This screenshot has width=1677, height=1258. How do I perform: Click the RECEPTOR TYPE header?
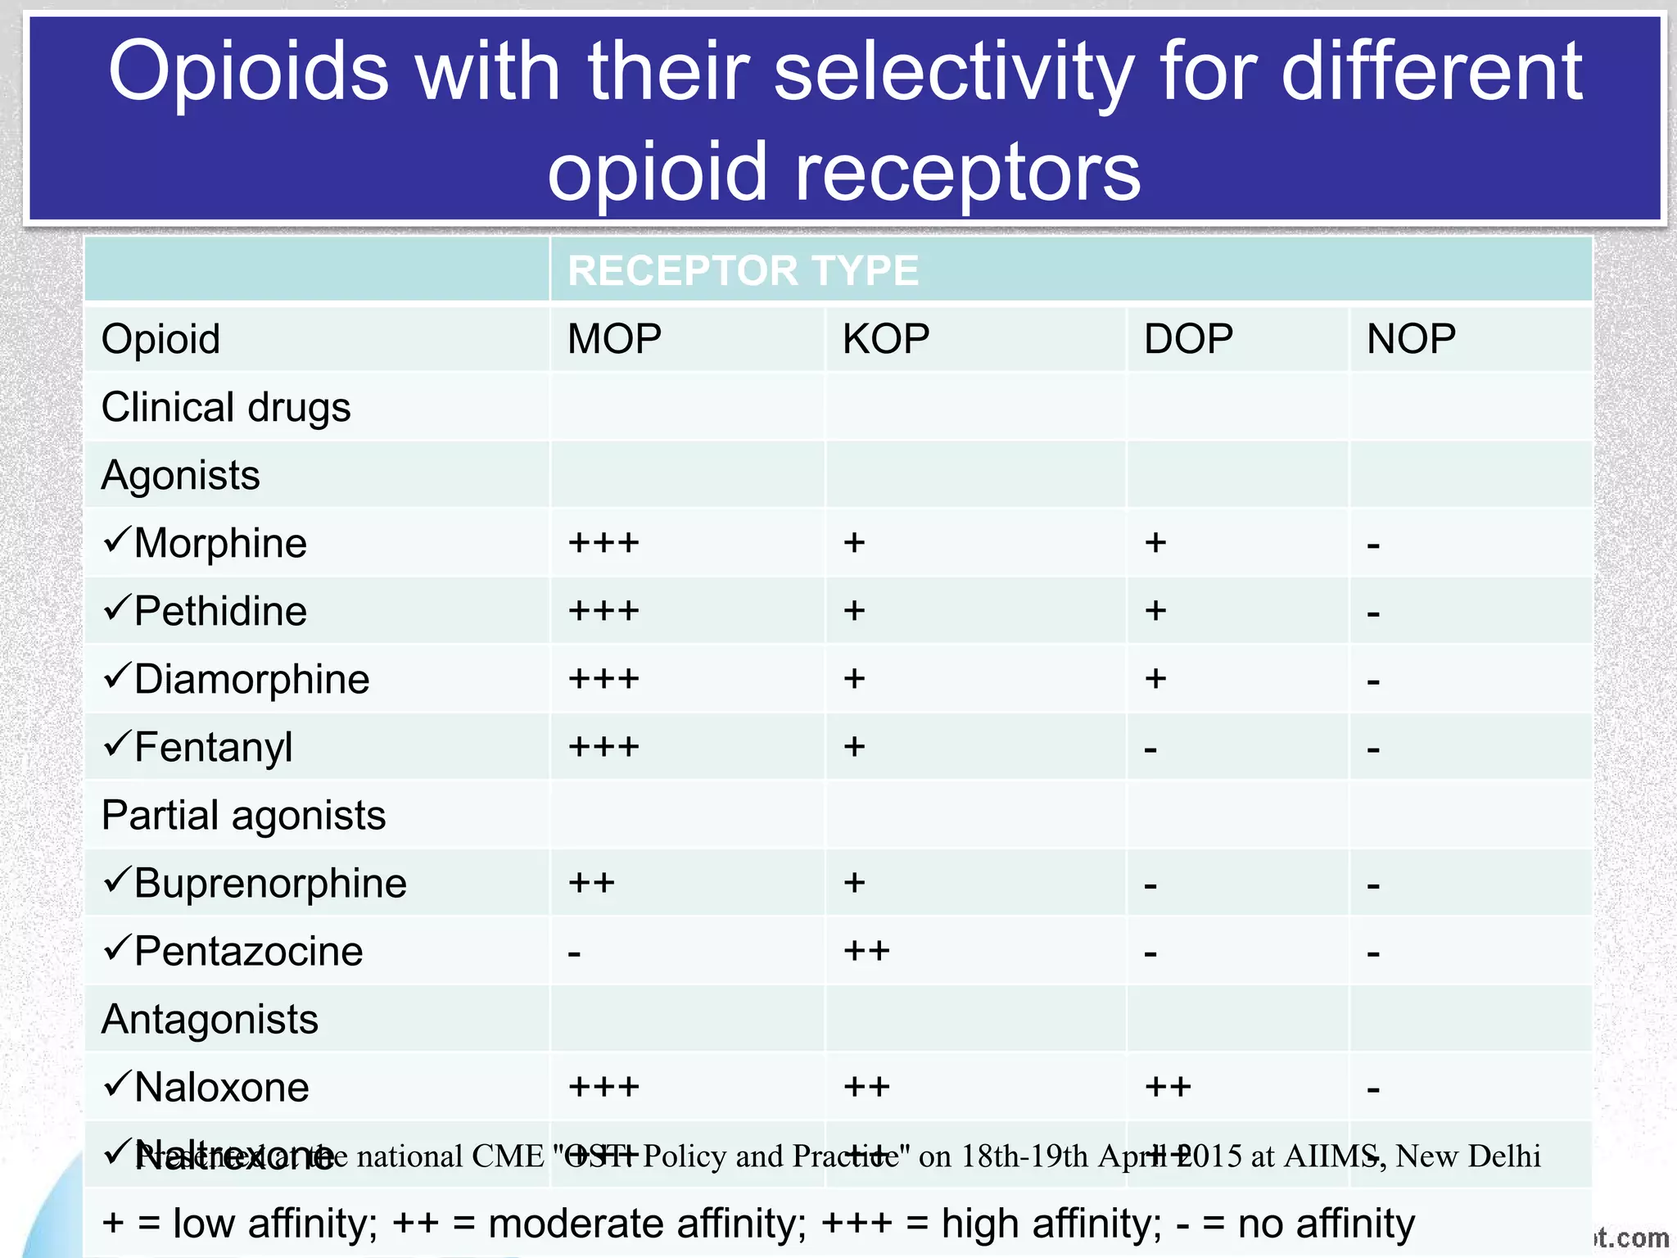(743, 271)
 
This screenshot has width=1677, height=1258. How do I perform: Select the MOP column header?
(614, 339)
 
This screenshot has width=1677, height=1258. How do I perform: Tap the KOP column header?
(886, 339)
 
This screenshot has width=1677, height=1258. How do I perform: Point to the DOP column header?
(1188, 339)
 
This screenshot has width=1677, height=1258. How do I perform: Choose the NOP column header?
(1411, 339)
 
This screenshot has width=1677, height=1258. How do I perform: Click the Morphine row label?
(220, 543)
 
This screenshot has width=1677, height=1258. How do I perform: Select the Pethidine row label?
(220, 611)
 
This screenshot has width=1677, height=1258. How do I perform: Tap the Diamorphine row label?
(251, 679)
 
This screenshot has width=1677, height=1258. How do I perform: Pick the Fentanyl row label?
(213, 747)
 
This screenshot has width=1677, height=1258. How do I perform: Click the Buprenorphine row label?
(270, 883)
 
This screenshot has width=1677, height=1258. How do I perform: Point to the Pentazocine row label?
(248, 951)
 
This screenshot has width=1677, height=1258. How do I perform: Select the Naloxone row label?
(221, 1087)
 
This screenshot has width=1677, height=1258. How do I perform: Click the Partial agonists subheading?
(243, 815)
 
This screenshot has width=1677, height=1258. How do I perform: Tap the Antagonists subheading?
(210, 1019)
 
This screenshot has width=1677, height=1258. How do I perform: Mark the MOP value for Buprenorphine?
(591, 883)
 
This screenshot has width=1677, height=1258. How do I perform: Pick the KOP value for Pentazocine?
(866, 951)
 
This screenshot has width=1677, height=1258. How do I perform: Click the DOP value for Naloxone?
(1168, 1087)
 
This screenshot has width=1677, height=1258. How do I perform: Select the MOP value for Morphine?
(603, 543)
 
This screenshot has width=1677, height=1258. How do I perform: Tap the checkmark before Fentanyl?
(117, 743)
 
